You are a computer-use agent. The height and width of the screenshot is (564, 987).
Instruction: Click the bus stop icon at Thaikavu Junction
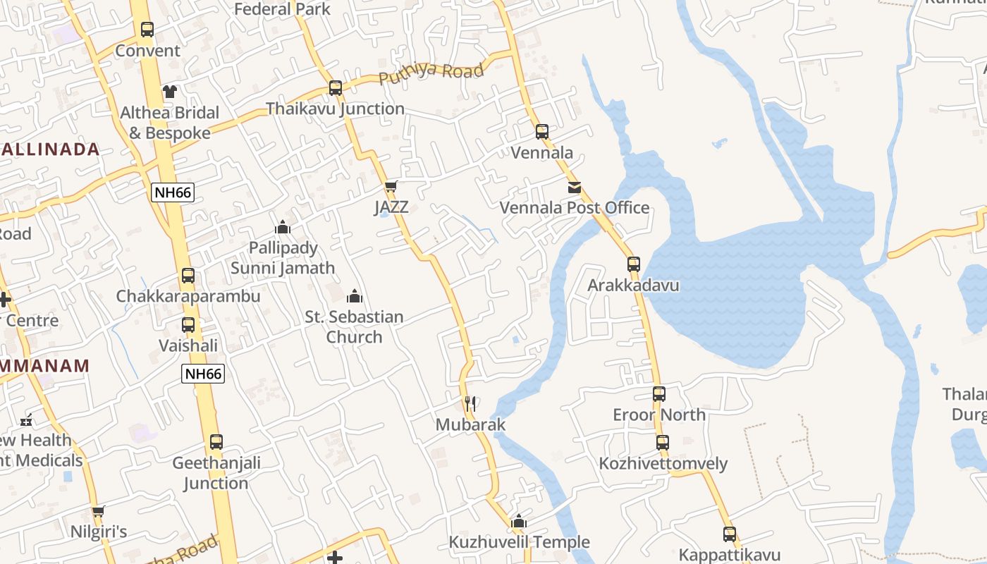[x=336, y=88]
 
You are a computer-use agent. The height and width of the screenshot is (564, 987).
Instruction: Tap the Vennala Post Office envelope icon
[x=575, y=188]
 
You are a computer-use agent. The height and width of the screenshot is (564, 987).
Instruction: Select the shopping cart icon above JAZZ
[x=391, y=187]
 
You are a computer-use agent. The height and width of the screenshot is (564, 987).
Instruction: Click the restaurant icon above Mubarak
[x=471, y=404]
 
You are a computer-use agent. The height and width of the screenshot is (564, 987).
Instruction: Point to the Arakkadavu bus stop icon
[x=634, y=264]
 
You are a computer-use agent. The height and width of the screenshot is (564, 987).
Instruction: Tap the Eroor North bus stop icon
[x=659, y=394]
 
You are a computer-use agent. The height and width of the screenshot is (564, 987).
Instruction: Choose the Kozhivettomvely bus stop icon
[x=663, y=443]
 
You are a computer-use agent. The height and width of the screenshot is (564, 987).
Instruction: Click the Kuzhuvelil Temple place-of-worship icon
[x=519, y=522]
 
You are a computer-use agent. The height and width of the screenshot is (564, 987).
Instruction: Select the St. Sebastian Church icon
[x=355, y=296]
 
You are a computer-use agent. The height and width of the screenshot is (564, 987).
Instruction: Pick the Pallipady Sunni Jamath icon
[x=283, y=227]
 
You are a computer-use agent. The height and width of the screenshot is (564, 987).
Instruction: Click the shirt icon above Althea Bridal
[x=170, y=91]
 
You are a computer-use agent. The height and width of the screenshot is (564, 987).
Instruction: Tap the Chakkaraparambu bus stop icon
[x=188, y=276]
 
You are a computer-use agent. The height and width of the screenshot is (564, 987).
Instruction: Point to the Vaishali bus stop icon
[x=188, y=325]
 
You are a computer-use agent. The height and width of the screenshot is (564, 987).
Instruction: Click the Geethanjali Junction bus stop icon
[x=216, y=442]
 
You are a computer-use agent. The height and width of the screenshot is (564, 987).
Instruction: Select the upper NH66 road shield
[x=173, y=192]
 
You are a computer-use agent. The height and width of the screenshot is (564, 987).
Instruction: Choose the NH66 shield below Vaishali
[x=203, y=374]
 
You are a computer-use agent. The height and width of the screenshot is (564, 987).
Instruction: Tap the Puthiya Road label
[x=431, y=73]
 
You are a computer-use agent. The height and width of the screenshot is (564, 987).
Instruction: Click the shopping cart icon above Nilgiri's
[x=99, y=511]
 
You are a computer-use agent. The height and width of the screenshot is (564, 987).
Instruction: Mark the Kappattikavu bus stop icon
[x=730, y=534]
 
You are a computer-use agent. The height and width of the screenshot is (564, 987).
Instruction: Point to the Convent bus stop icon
[x=147, y=30]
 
